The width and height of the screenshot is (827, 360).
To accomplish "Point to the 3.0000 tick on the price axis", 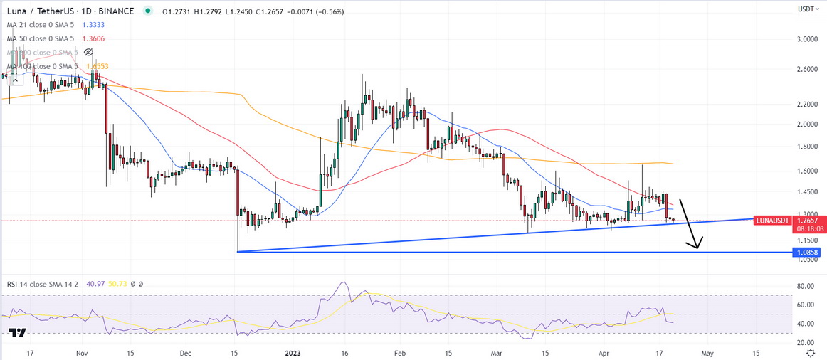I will click(x=807, y=39).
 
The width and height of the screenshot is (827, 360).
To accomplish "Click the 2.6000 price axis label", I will click(x=807, y=70).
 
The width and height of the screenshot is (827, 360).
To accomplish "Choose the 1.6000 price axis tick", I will click(x=807, y=171).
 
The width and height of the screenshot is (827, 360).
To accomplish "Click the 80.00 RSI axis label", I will click(x=806, y=287).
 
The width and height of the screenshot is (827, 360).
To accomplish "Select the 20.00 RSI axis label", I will click(x=806, y=342).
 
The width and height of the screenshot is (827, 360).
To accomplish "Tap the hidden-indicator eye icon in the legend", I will click(x=89, y=53).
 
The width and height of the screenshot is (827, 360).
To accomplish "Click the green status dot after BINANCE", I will click(x=147, y=11).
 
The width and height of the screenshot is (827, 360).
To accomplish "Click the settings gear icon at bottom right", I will click(x=811, y=353).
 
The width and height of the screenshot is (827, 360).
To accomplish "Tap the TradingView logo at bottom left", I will click(x=18, y=333).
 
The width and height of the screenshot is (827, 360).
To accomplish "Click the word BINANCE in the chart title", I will click(x=118, y=11).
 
